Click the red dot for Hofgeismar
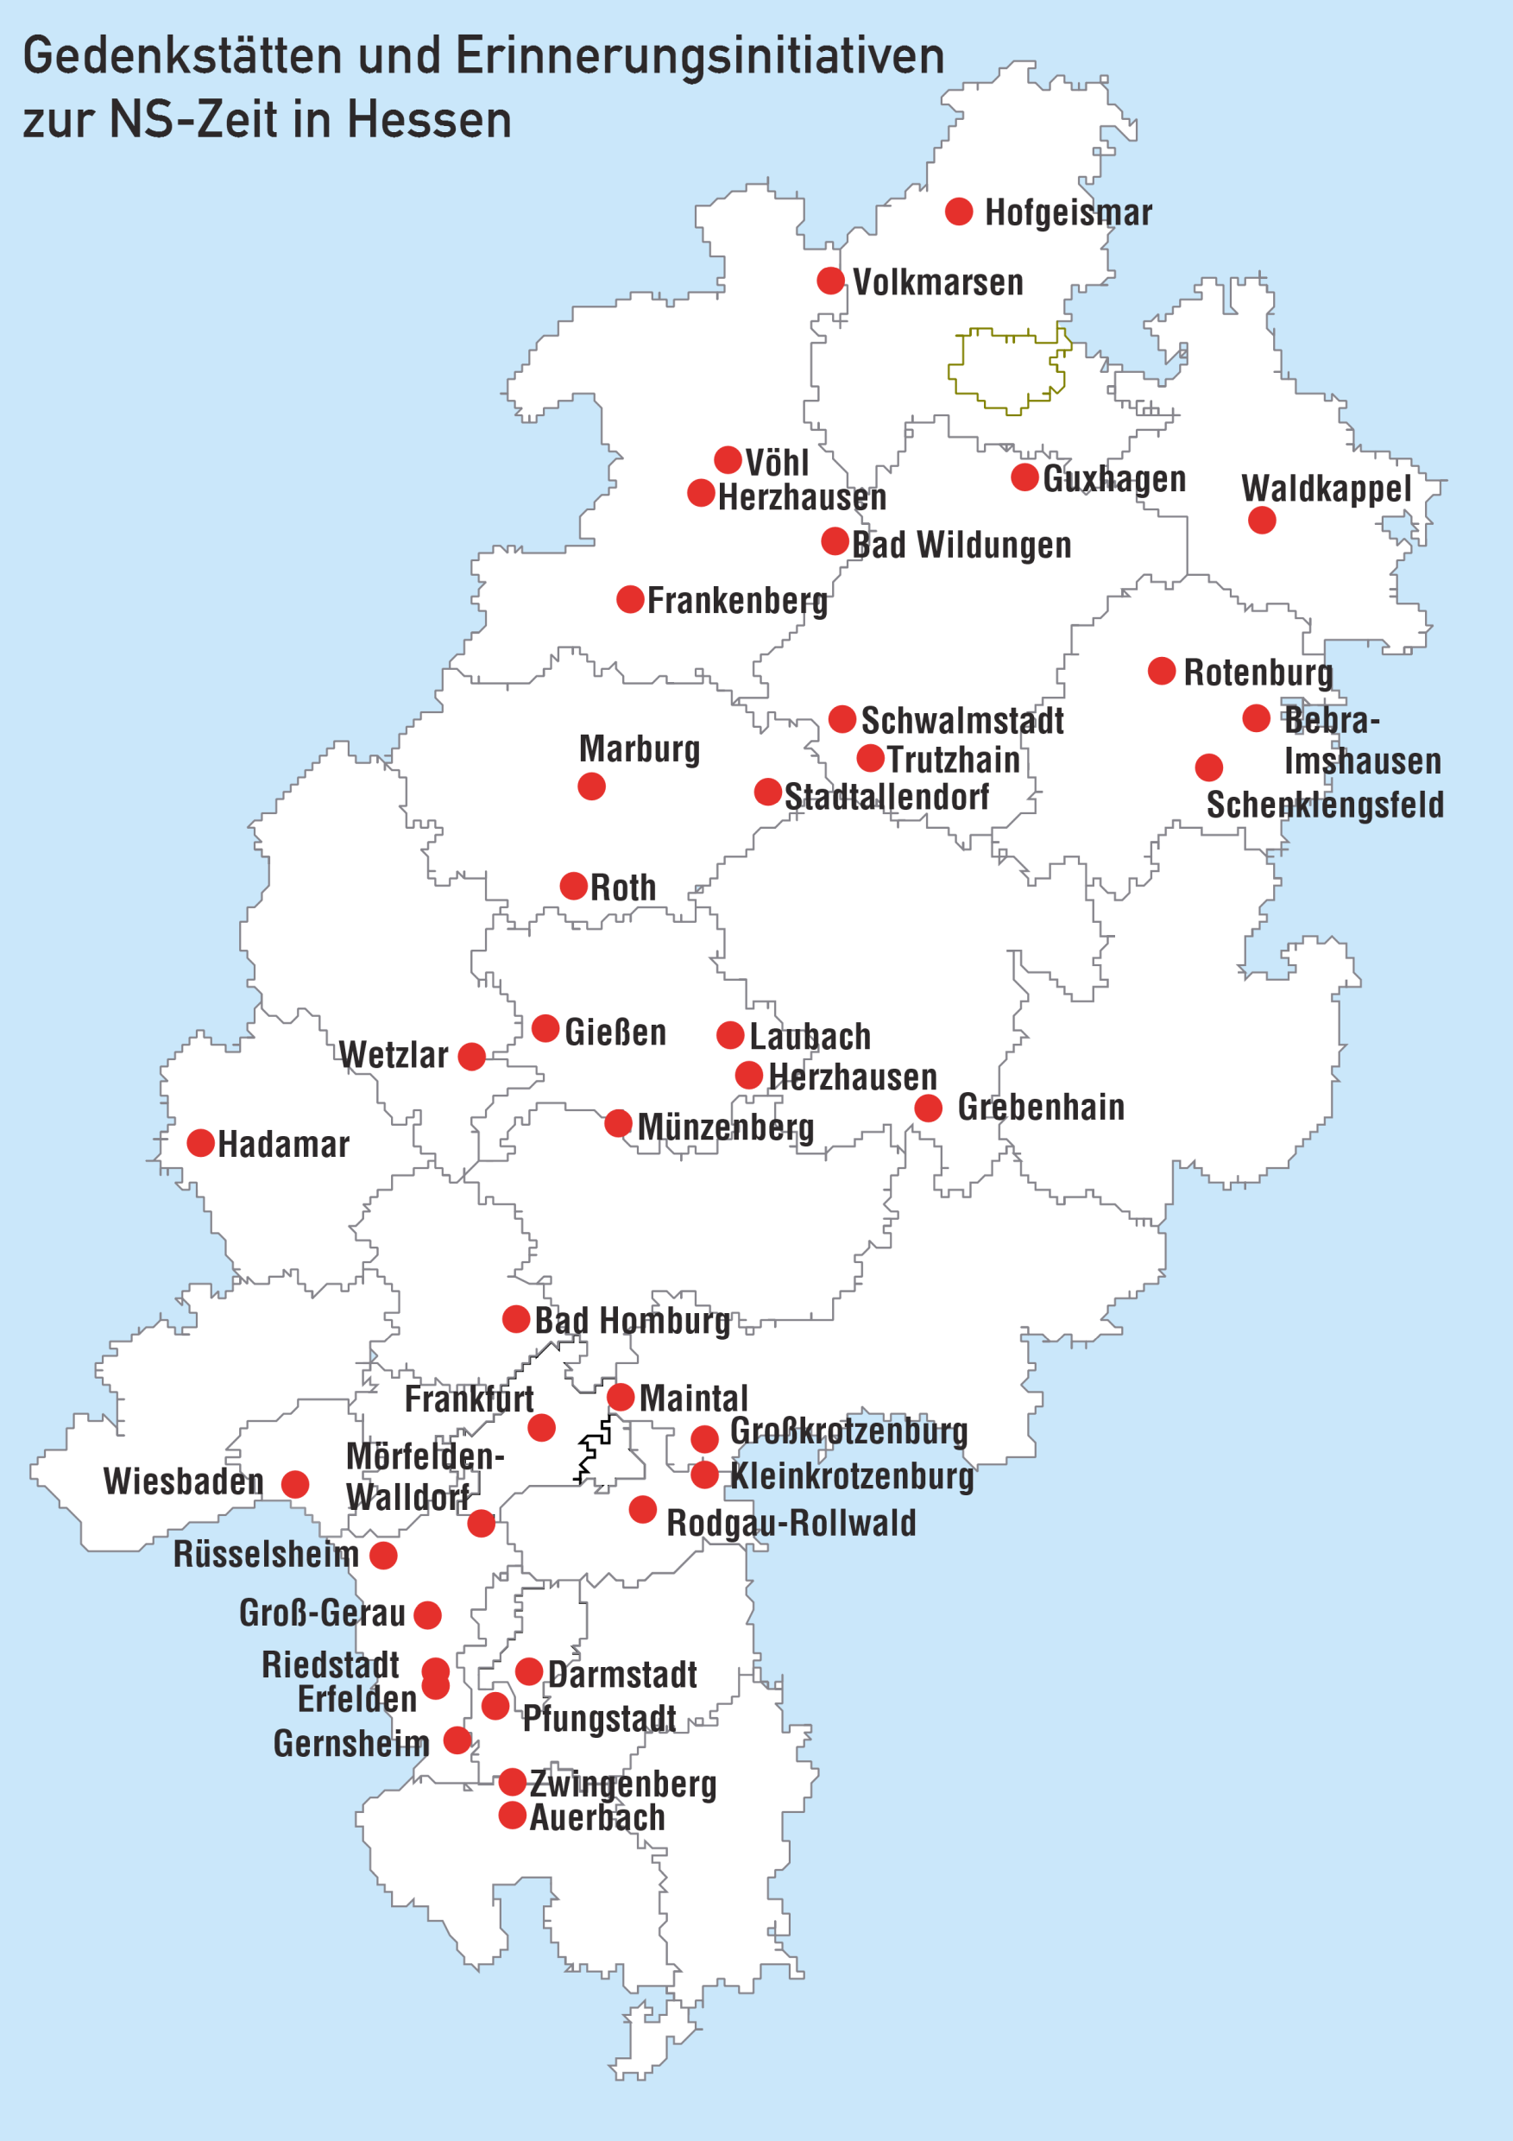pos(958,212)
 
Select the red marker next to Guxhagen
pos(1024,477)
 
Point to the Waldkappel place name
pos(1326,489)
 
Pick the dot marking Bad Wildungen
pos(835,540)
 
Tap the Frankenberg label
pos(736,602)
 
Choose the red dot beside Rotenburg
pos(1161,671)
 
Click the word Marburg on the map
pos(639,748)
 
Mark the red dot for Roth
pos(573,886)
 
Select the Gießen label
pos(615,1033)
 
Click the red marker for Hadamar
pos(200,1143)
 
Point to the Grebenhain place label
pos(1040,1108)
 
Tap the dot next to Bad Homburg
pos(515,1318)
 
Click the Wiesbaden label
pos(184,1481)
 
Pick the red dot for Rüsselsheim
pos(383,1556)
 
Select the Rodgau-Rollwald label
pos(791,1524)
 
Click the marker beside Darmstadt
pos(528,1671)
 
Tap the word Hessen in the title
pos(430,119)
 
